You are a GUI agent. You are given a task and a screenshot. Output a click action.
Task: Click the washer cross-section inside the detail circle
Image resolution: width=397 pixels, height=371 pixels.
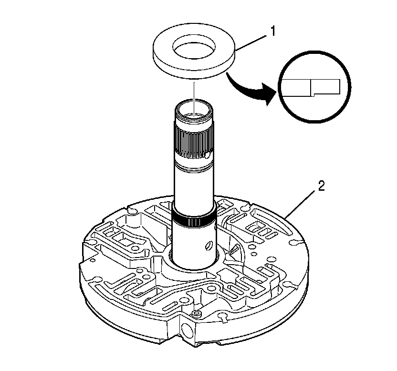pos(311,87)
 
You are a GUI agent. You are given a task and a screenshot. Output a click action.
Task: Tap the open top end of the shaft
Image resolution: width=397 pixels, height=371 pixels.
pos(194,108)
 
